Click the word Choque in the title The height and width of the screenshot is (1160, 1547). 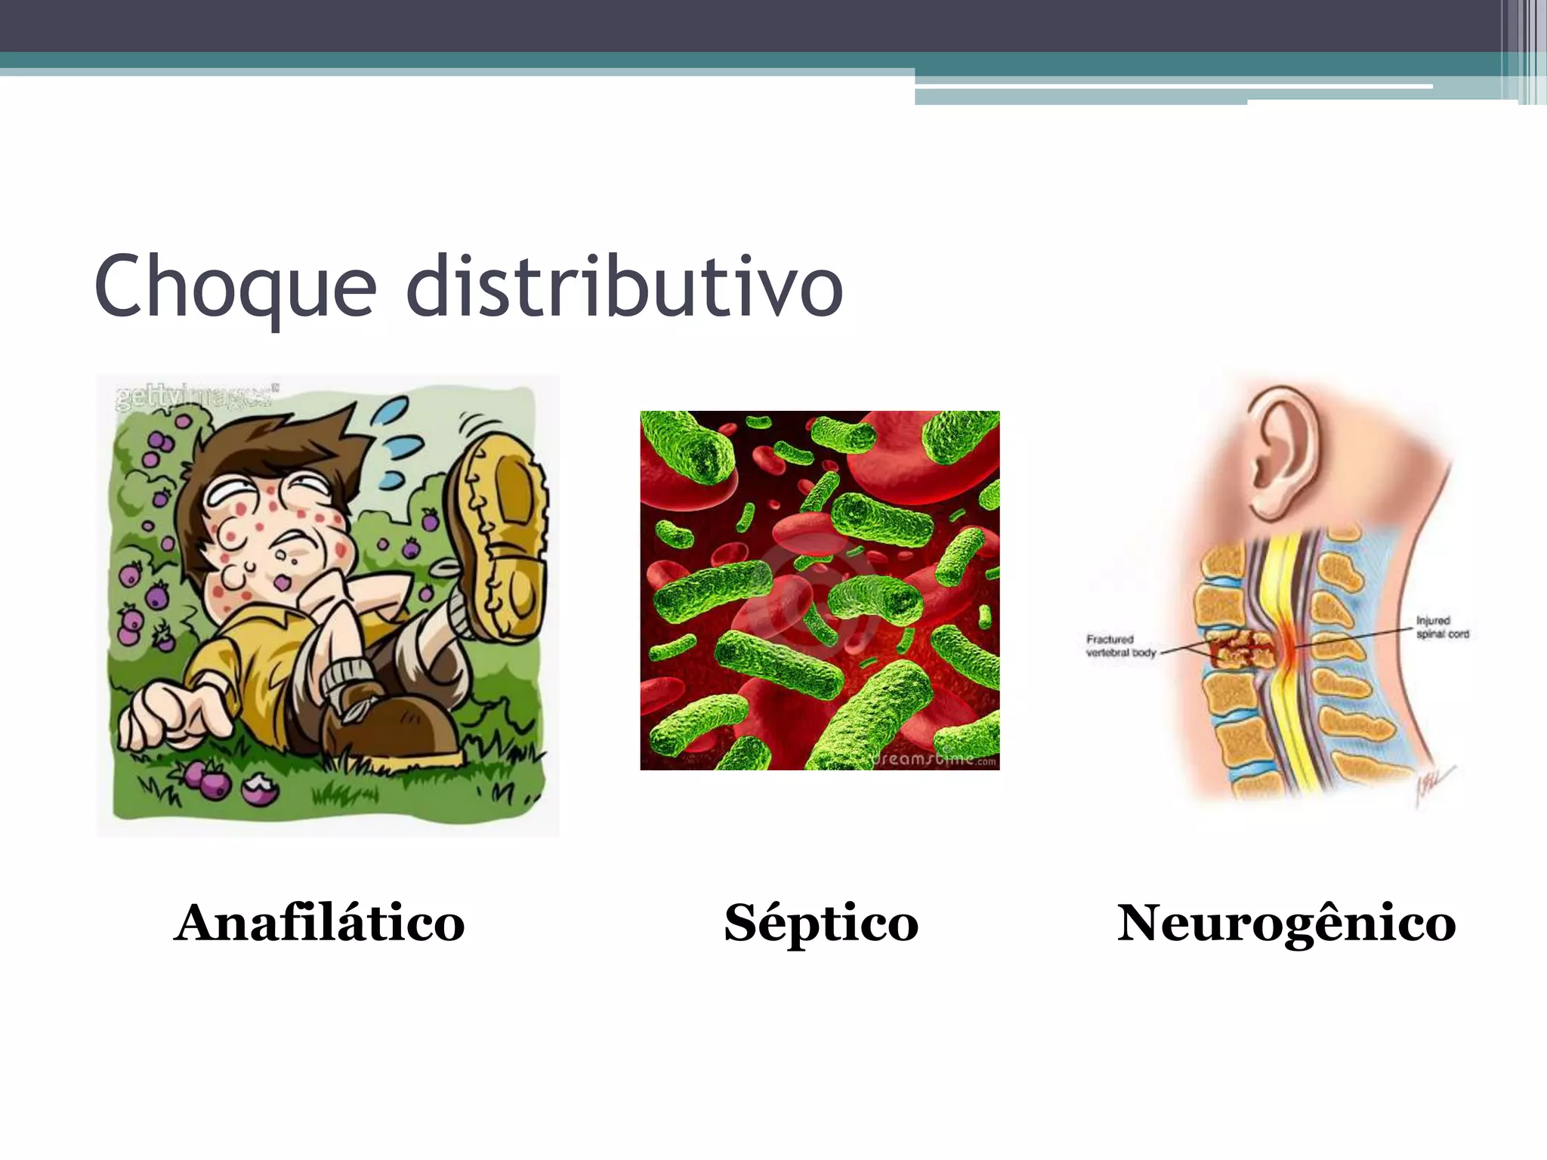pyautogui.click(x=235, y=288)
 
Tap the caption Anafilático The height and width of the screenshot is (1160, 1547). pyautogui.click(x=320, y=923)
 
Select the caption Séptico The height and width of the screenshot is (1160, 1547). pyautogui.click(x=821, y=923)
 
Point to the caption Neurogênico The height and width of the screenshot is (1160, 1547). pyautogui.click(x=1286, y=923)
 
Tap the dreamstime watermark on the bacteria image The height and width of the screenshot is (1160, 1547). pyautogui.click(x=935, y=758)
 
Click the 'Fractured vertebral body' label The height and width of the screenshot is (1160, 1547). pyautogui.click(x=1120, y=646)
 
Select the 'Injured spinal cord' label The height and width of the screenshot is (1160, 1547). pyautogui.click(x=1441, y=628)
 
